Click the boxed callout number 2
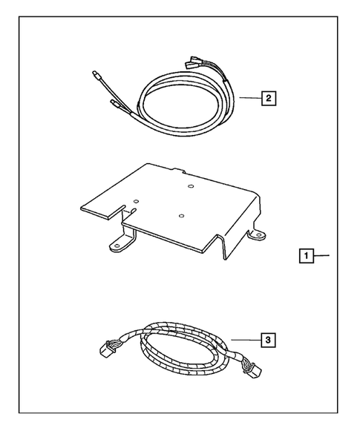268,96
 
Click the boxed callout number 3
268,341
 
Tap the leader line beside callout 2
249,96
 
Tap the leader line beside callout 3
245,340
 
